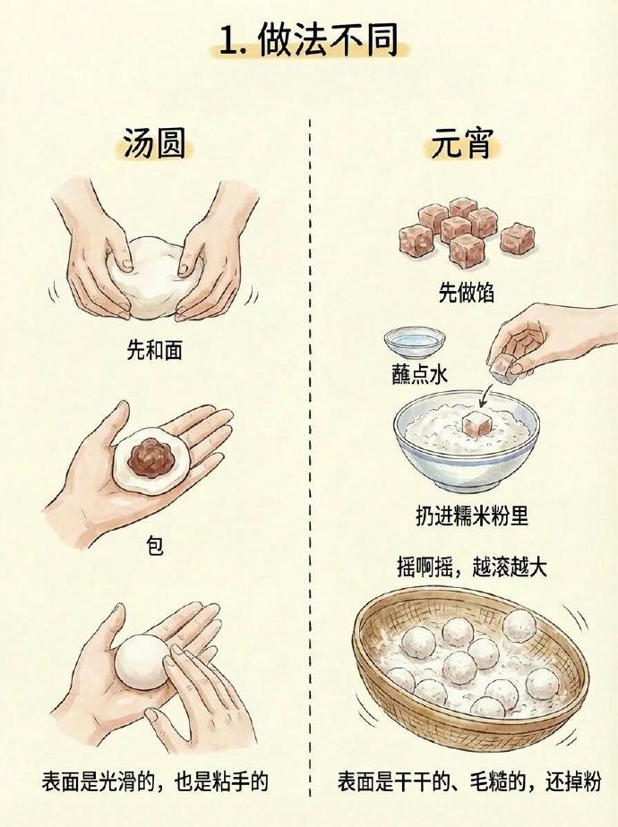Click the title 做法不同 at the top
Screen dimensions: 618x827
[x=329, y=40]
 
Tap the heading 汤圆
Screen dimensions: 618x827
[x=155, y=142]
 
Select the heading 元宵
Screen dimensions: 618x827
[x=462, y=142]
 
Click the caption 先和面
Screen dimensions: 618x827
[x=155, y=349]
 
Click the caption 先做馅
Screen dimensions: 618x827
[x=467, y=292]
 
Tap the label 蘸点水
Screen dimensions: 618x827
[x=419, y=374]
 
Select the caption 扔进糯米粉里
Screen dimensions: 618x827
[x=472, y=516]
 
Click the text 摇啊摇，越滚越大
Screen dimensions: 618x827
[x=472, y=567]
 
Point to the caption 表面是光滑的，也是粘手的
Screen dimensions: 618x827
[x=155, y=781]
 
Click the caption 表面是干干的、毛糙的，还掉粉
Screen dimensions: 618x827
[x=469, y=781]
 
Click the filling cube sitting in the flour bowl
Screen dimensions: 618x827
[x=476, y=423]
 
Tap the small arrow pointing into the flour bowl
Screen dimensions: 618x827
[x=486, y=395]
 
